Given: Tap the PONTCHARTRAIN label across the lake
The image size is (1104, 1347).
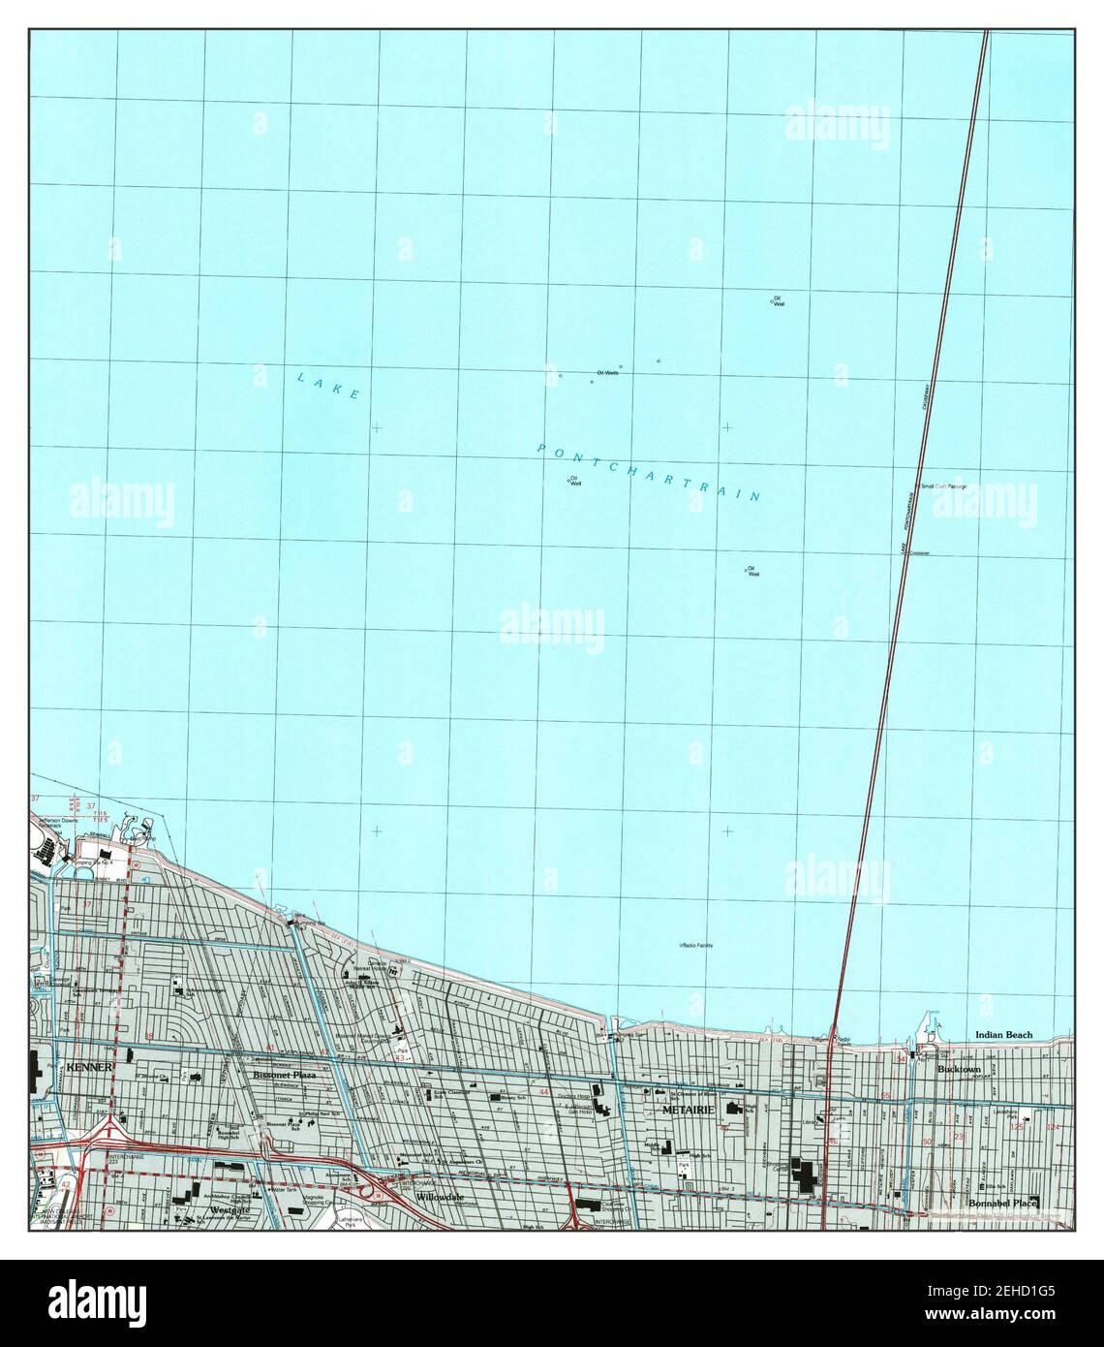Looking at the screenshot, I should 648,473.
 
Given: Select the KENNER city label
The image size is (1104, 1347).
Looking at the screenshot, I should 90,1067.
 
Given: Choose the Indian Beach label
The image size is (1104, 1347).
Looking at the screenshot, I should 1003,1035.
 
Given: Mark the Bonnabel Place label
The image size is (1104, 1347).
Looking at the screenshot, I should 1001,1204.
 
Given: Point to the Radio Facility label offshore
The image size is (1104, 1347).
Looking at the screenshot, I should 697,945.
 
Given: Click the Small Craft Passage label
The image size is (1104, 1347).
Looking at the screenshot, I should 943,486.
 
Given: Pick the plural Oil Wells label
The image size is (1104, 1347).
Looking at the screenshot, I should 607,372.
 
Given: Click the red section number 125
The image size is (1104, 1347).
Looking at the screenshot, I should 1016,1128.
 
